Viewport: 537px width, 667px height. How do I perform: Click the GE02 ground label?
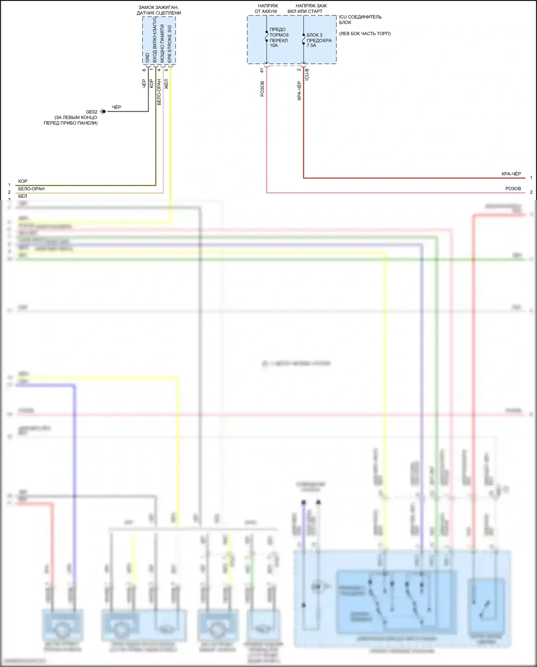tap(91, 112)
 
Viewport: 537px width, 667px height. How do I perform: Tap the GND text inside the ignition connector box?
tap(147, 58)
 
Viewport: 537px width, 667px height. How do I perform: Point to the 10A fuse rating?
tap(274, 46)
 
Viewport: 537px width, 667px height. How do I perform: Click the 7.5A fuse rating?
tap(311, 46)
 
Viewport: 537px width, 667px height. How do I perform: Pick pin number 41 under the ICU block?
tap(262, 71)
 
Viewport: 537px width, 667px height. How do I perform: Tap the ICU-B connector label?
tap(307, 74)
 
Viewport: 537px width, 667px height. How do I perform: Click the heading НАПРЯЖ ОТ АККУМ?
tap(266, 9)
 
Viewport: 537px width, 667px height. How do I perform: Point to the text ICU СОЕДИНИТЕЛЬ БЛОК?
tap(360, 19)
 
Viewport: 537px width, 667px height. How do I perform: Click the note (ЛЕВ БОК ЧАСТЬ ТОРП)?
tap(364, 34)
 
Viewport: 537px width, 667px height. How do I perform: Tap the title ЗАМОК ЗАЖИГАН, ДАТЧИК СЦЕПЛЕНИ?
tap(159, 10)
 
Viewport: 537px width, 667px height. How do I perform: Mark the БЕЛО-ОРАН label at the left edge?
tap(32, 189)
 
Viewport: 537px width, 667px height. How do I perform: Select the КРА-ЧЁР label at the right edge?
tap(511, 174)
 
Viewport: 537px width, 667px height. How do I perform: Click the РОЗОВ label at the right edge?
tap(513, 189)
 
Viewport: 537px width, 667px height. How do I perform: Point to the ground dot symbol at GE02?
tap(103, 111)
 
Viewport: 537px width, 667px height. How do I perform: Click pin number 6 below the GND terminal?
tap(144, 70)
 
